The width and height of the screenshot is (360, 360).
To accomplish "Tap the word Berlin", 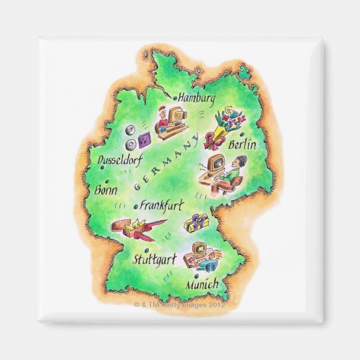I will point(243,145).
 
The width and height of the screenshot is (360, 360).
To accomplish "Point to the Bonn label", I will point(106,190).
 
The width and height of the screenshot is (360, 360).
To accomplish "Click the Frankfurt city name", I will point(163,205).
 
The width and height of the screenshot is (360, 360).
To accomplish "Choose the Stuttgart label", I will point(154,259).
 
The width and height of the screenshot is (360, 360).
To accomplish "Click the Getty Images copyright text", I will point(180,306).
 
